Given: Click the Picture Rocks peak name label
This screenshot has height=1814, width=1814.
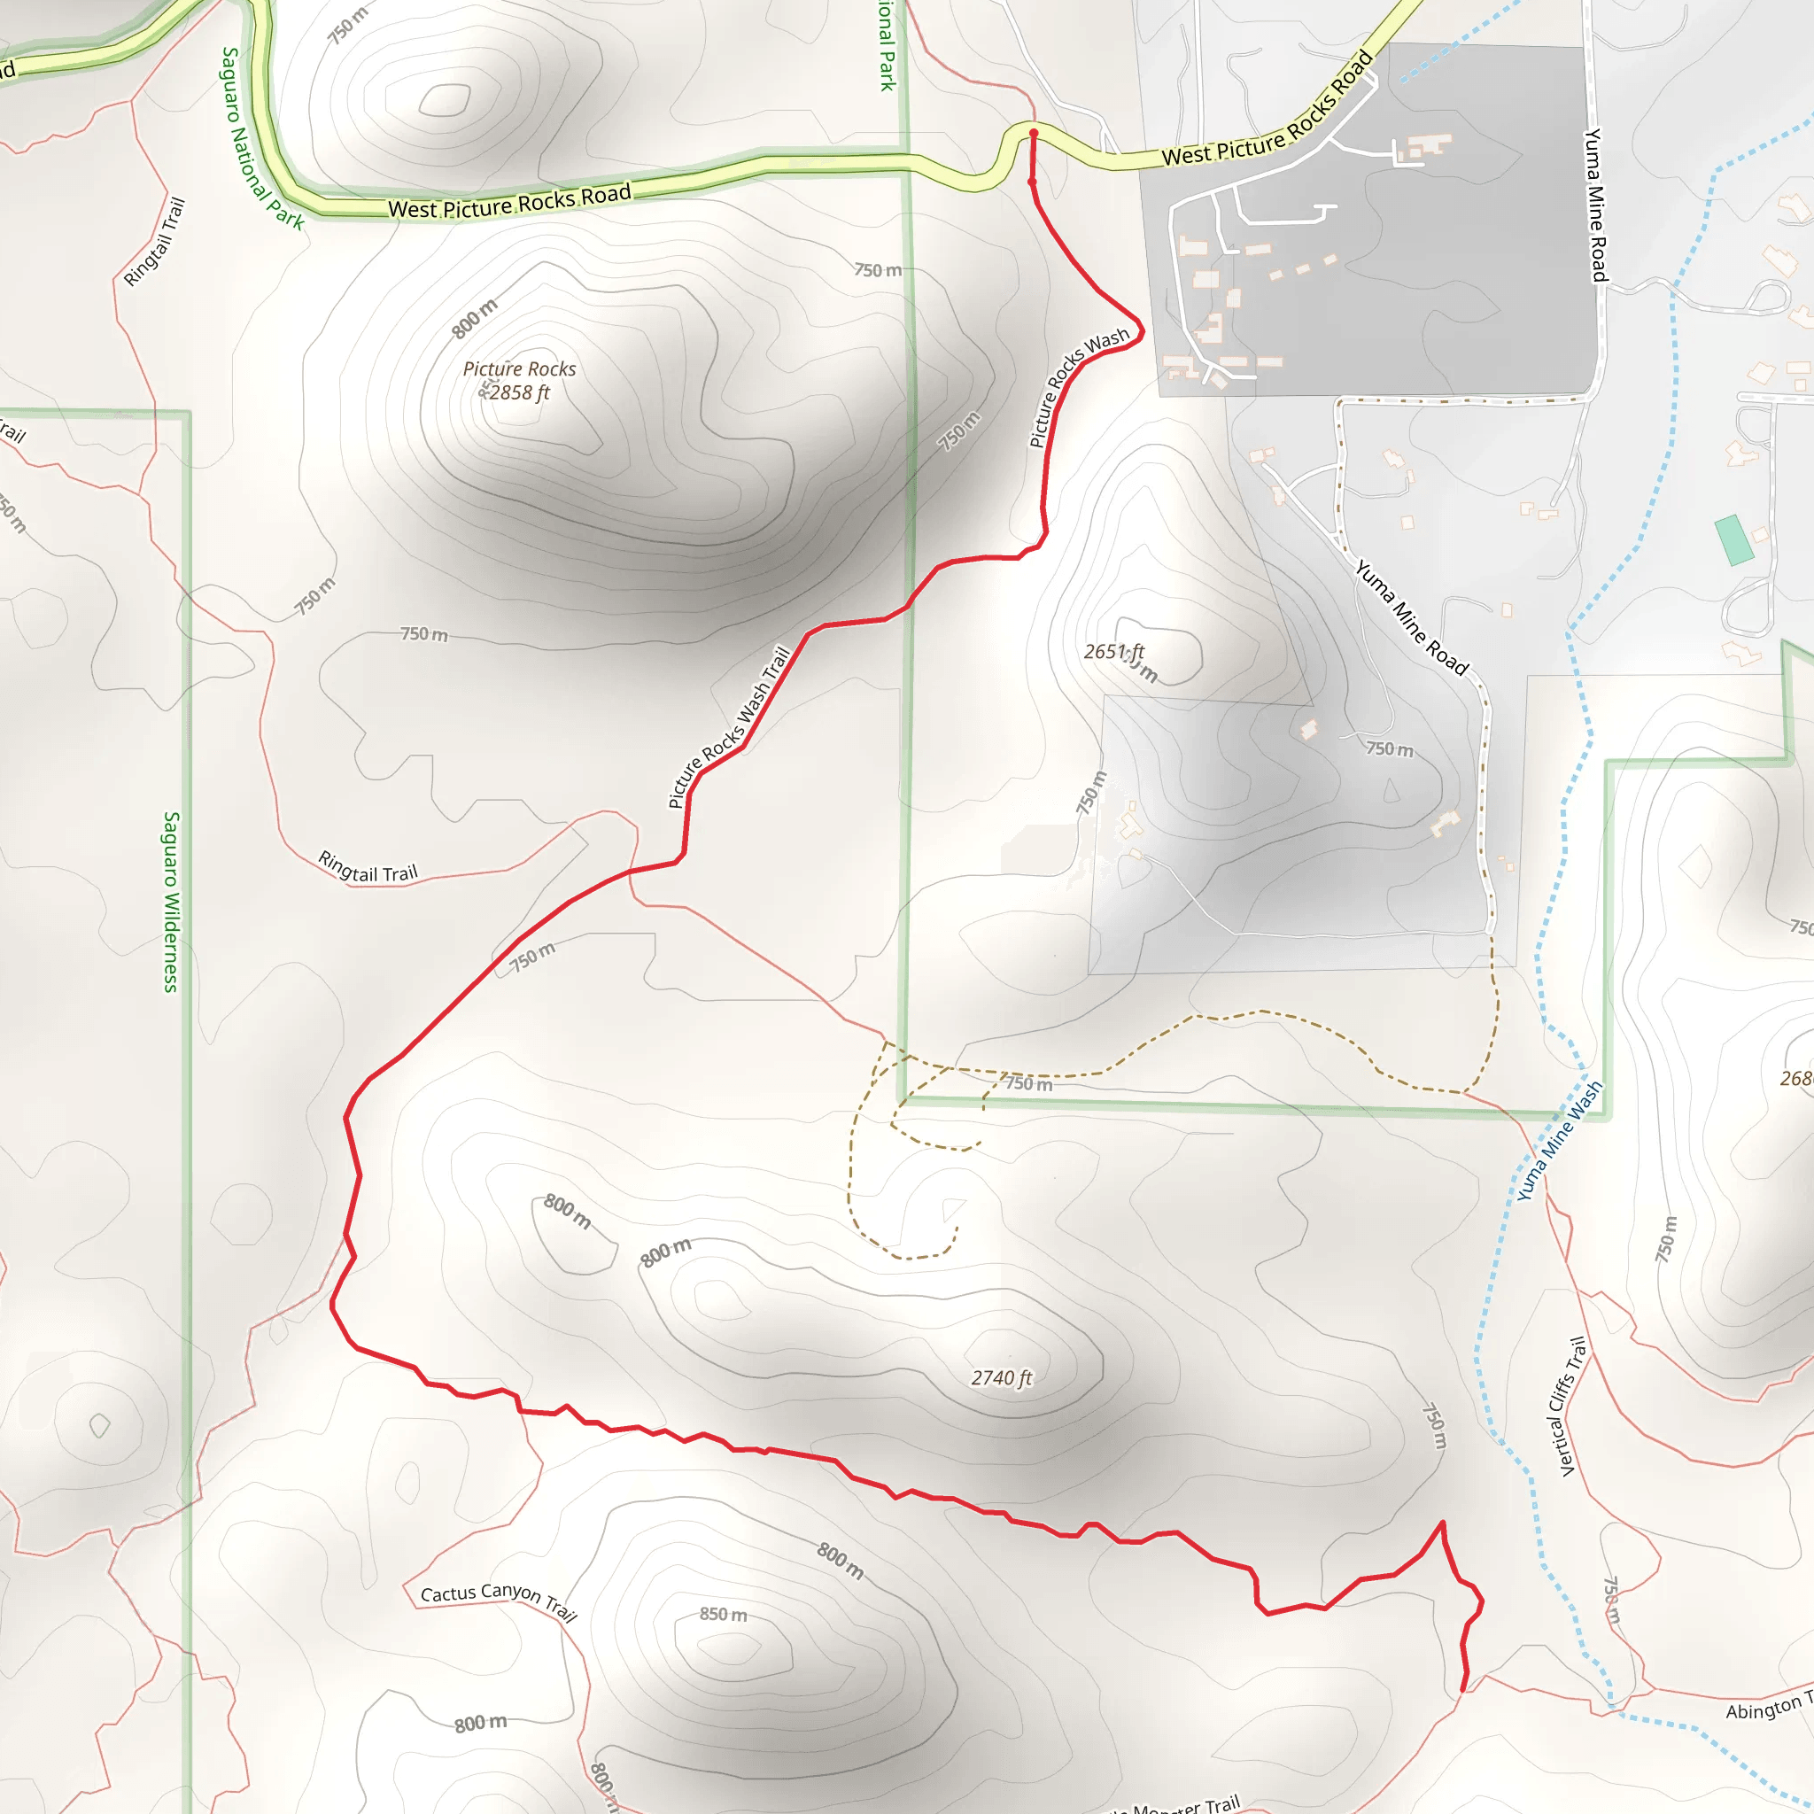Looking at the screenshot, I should click(x=519, y=369).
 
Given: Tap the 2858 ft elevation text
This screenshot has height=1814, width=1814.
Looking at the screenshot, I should click(x=518, y=393).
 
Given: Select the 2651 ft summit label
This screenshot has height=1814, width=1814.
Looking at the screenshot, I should click(x=1113, y=652).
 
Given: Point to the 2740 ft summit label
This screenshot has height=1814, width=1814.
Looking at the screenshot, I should click(x=1001, y=1378).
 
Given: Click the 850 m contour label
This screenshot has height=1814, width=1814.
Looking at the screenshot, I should click(x=723, y=1614).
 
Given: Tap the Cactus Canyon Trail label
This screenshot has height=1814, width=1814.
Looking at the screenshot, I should click(x=499, y=1600).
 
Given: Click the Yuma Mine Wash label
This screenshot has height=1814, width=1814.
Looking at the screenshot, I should click(x=1560, y=1141).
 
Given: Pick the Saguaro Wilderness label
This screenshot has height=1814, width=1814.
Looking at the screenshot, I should click(x=171, y=902).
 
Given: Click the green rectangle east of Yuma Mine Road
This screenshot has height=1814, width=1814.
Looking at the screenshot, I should click(x=1734, y=540).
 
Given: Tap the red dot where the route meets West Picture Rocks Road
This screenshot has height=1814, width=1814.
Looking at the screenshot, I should click(x=1033, y=134).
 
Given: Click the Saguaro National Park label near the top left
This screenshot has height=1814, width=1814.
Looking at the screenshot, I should click(x=262, y=138).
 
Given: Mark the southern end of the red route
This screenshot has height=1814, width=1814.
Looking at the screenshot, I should click(x=1463, y=1689).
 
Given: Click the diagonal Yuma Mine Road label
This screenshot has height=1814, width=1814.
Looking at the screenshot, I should click(x=1411, y=616).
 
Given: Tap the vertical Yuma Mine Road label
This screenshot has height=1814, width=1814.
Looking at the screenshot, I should click(x=1596, y=205).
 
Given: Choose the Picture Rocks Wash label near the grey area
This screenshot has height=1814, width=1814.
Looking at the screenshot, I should click(x=1079, y=387).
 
